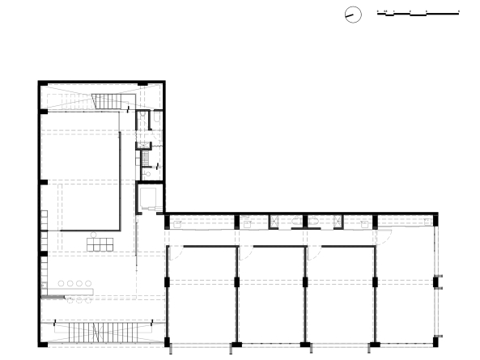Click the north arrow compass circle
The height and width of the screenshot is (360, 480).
(x=352, y=14)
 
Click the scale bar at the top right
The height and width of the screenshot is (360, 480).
(x=418, y=14)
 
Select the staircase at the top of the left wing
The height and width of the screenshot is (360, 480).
(x=108, y=102)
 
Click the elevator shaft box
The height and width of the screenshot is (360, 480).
(x=149, y=198)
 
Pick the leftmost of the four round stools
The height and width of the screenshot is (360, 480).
(x=61, y=283)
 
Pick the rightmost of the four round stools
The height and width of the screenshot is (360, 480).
(x=89, y=283)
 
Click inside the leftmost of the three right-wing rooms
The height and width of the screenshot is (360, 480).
(x=202, y=295)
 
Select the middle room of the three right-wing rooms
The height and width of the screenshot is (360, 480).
(x=272, y=295)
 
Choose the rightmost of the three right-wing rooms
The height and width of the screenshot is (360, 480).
(x=341, y=295)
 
